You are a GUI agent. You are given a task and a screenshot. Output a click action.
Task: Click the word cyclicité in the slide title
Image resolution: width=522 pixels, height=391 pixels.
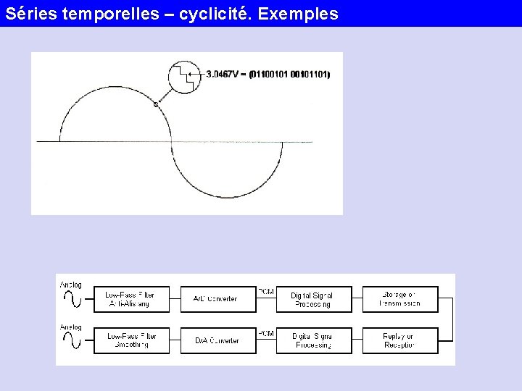click(x=210, y=14)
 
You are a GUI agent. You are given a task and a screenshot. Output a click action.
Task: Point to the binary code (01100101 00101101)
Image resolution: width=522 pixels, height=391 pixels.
click(x=289, y=74)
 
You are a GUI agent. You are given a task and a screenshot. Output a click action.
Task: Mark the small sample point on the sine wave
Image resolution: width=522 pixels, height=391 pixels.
click(x=156, y=104)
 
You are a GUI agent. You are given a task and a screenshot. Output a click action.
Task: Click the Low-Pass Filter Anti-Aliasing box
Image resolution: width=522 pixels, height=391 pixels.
click(x=130, y=299)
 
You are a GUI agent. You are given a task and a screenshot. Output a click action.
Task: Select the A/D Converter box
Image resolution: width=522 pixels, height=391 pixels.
click(x=215, y=299)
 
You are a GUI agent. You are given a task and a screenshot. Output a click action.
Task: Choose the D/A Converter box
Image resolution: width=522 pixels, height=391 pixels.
click(x=215, y=340)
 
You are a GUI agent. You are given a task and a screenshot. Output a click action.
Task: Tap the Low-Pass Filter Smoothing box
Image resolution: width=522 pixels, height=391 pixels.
click(x=130, y=340)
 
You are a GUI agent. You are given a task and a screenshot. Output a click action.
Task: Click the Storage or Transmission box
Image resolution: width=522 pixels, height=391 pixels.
click(x=400, y=299)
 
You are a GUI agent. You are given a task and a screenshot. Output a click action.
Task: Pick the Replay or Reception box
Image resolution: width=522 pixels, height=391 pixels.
click(x=400, y=340)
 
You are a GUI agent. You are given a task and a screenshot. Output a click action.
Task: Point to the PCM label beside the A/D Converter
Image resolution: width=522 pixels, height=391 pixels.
click(x=266, y=291)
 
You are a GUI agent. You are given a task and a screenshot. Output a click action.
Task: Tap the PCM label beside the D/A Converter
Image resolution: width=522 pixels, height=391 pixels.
click(x=266, y=333)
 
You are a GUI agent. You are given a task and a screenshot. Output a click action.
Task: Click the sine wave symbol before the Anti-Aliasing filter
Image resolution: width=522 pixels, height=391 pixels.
click(x=72, y=299)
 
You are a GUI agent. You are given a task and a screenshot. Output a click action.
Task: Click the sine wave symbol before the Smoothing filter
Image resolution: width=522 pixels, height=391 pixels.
click(x=72, y=341)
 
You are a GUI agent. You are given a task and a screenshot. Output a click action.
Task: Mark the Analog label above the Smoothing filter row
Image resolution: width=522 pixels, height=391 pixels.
click(x=71, y=327)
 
